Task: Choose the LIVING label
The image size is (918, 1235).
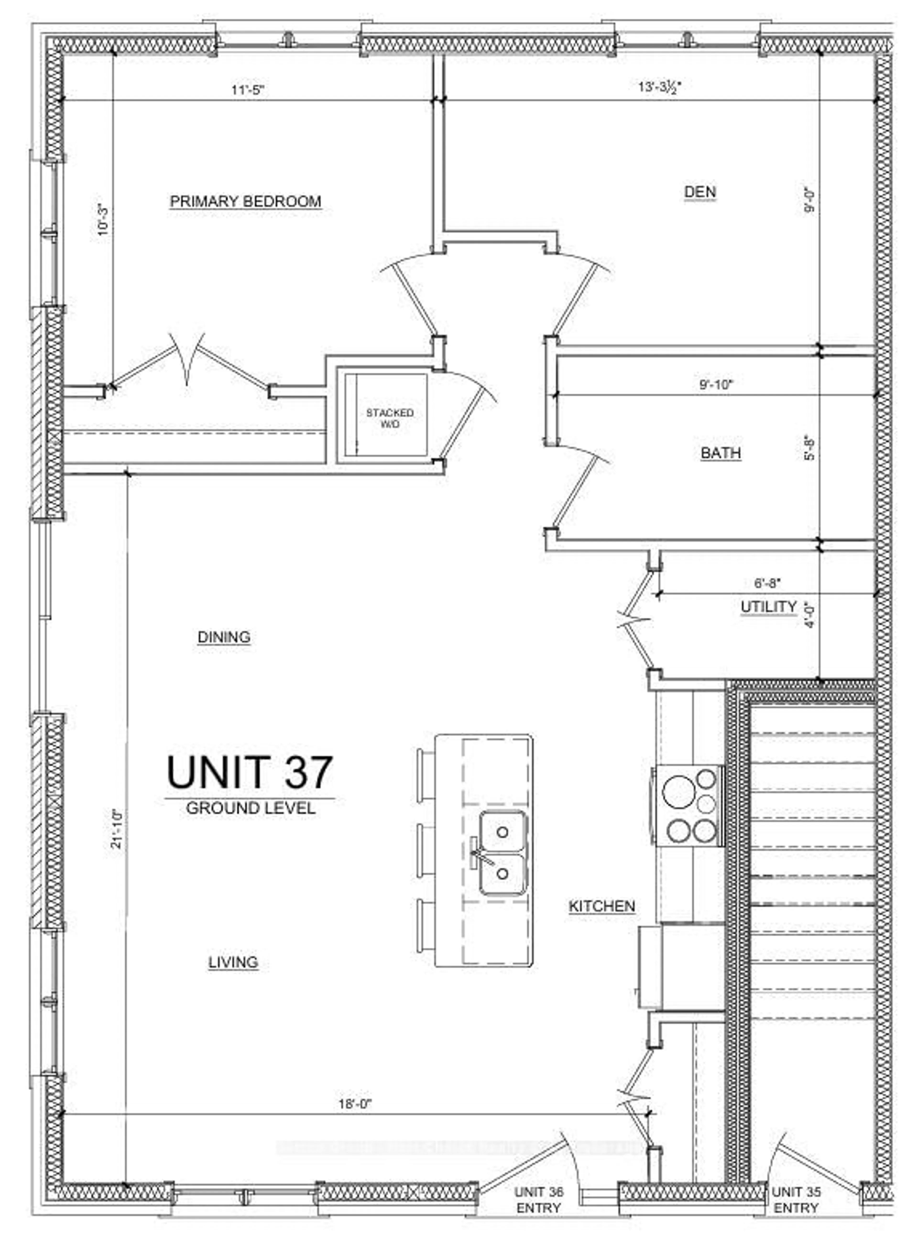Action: tap(233, 962)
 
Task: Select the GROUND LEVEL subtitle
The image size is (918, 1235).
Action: tap(251, 808)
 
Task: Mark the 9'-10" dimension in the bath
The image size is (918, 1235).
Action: tap(716, 384)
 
